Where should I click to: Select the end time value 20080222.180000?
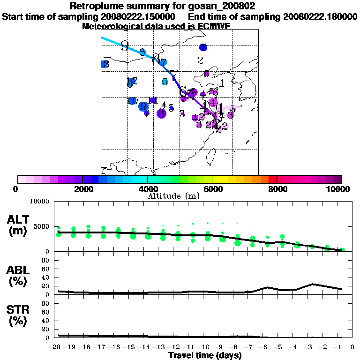321,16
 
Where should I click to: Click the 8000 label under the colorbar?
277,189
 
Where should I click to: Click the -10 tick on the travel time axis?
205,347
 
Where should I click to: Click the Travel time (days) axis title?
205,356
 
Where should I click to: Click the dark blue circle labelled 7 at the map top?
203,47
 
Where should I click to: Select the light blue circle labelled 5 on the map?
165,82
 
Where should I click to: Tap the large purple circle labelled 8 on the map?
161,113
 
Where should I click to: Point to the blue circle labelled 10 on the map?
133,101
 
